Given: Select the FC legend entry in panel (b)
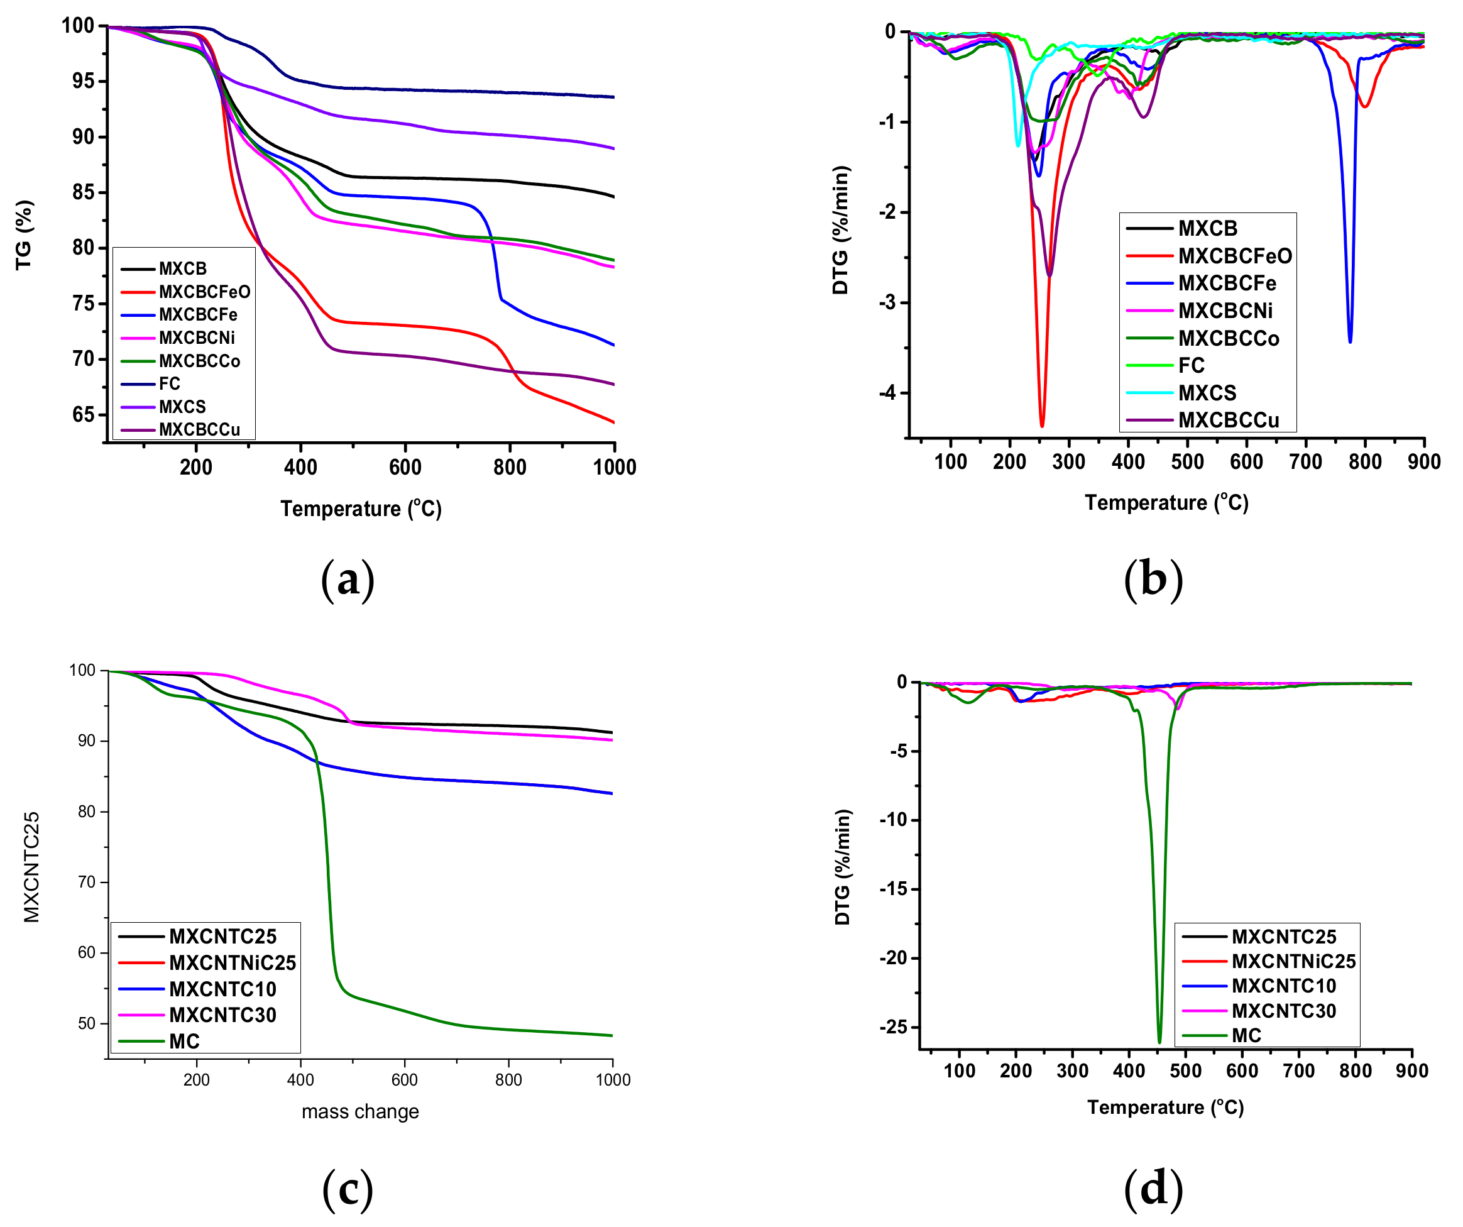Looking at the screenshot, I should point(1191,365).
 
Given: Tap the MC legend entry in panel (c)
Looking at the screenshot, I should point(184,1042).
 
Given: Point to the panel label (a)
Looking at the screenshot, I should point(348,580).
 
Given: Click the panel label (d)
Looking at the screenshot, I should point(1153,1188).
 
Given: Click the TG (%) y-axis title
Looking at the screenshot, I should point(25,235).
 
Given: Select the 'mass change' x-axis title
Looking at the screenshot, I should point(360,1111).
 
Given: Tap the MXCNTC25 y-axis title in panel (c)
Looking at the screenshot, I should point(32,867).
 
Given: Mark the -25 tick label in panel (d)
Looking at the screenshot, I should point(893,1027).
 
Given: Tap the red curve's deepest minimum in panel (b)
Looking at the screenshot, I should point(1041,426).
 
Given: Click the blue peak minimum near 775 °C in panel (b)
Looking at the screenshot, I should point(1349,341).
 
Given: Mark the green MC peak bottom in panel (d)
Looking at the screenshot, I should point(1159,1042).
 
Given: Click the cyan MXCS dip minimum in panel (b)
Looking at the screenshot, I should point(1018,146).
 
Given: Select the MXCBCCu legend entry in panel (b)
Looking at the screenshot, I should point(1228,420).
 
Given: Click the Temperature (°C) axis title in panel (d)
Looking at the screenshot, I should point(1165,1107).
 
